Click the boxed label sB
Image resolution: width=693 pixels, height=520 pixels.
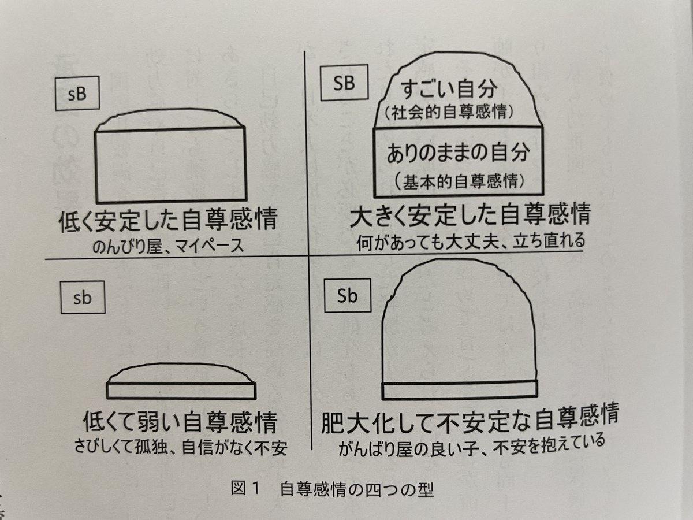pyautogui.click(x=77, y=95)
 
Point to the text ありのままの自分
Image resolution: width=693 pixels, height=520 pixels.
pyautogui.click(x=458, y=155)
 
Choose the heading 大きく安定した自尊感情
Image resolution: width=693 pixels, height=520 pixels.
pyautogui.click(x=470, y=218)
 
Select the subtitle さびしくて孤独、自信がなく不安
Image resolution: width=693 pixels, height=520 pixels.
pyautogui.click(x=180, y=448)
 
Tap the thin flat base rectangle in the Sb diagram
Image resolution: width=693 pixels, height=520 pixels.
pyautogui.click(x=460, y=390)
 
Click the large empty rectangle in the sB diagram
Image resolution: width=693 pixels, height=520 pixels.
pyautogui.click(x=171, y=166)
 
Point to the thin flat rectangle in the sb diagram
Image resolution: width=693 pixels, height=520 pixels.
pyautogui.click(x=181, y=390)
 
